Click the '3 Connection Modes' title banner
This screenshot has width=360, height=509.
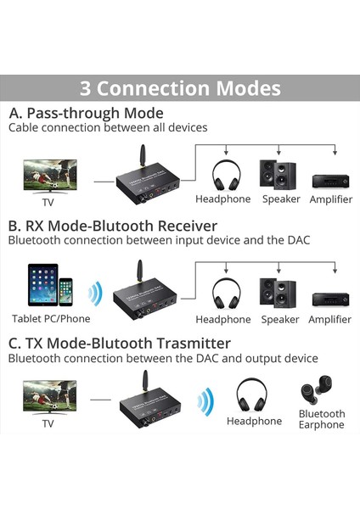click(x=180, y=88)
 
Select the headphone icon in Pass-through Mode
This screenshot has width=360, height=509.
click(x=224, y=175)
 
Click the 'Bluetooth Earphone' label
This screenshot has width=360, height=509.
click(x=321, y=419)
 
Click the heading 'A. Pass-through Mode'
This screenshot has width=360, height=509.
click(x=86, y=113)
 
